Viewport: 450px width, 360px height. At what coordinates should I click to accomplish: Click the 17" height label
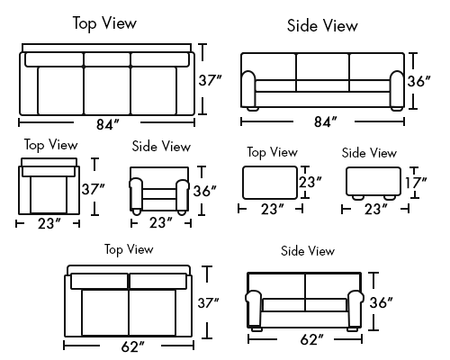[x=416, y=183]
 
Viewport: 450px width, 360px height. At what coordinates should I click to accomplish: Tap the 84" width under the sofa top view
[x=108, y=124]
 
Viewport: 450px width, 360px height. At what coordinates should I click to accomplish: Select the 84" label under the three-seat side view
[x=326, y=121]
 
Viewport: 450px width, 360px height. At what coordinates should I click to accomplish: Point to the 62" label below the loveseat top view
[x=132, y=346]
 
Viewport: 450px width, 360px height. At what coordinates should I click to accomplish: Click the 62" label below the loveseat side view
[x=311, y=339]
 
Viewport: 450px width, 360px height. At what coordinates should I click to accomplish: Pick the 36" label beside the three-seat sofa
[x=418, y=81]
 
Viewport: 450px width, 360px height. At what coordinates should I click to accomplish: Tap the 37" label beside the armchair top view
[x=93, y=189]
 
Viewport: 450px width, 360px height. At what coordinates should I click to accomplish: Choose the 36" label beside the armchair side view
[x=204, y=191]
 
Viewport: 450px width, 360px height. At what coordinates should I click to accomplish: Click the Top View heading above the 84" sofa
[x=104, y=23]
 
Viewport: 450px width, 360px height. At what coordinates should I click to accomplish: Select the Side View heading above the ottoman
[x=369, y=153]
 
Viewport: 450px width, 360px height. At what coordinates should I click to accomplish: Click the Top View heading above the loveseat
[x=129, y=249]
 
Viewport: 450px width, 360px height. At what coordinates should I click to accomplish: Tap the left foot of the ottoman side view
[x=357, y=197]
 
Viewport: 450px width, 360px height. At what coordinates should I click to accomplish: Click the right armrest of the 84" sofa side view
[x=397, y=89]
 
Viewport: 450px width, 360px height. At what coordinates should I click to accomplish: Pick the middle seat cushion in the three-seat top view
[x=107, y=90]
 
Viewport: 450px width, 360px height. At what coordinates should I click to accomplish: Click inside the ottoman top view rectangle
[x=270, y=183]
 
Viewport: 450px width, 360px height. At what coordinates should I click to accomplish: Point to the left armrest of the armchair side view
[x=136, y=194]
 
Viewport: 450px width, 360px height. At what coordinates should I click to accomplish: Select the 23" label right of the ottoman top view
[x=310, y=182]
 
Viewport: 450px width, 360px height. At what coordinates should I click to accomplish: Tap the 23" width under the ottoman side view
[x=376, y=209]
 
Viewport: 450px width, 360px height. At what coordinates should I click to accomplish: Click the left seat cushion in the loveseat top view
[x=104, y=312]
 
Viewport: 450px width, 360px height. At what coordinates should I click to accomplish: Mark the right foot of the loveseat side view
[x=352, y=328]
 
